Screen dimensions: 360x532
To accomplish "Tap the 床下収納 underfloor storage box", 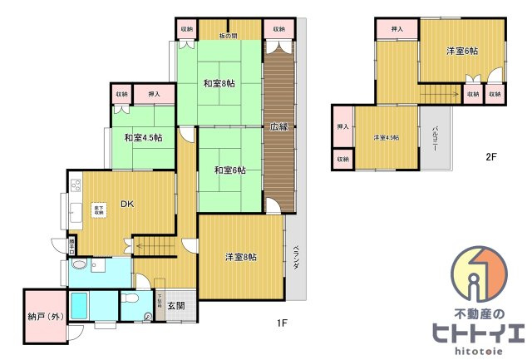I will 98,210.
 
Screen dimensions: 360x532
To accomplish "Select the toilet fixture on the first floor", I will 131,300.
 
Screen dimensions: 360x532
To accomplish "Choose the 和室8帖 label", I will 219,83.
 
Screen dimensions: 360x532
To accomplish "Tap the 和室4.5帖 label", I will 143,137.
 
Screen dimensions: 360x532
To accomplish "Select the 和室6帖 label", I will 229,170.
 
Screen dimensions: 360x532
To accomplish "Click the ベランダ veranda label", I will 296,257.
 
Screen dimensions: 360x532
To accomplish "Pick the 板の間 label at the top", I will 229,36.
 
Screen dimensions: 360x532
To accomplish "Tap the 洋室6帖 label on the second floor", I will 461,52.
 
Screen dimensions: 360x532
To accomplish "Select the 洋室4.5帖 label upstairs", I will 386,137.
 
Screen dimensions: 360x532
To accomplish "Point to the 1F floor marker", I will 282,323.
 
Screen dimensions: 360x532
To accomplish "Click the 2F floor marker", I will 491,155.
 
